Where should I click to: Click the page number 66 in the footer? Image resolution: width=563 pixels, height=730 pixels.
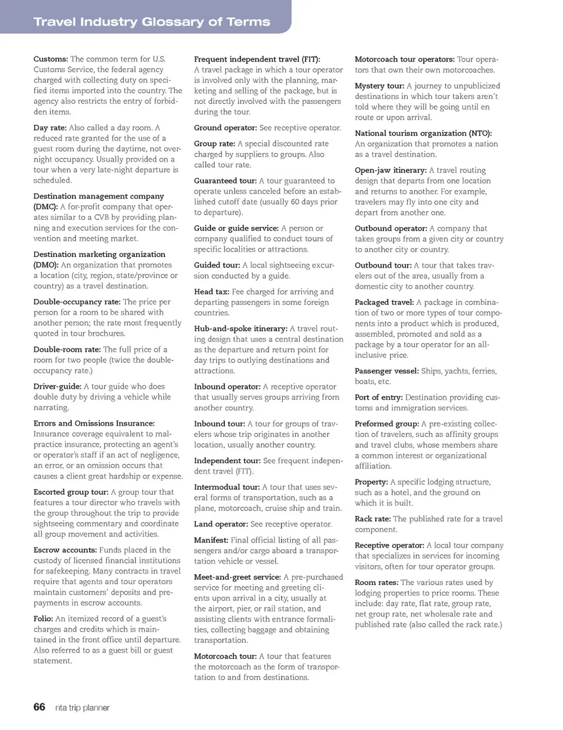pos(39,707)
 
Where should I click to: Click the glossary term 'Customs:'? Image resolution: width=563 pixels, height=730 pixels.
pos(50,59)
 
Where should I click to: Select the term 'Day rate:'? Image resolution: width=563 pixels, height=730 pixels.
pos(50,128)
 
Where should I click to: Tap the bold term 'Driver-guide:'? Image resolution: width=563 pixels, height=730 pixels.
pos(57,386)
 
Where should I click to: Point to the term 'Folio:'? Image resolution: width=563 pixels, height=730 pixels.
pos(43,619)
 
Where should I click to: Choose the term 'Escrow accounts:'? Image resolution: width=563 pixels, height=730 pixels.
pos(65,550)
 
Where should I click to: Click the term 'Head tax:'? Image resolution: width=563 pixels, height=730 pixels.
pos(212,291)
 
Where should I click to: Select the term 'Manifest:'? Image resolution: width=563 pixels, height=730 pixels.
pos(211,540)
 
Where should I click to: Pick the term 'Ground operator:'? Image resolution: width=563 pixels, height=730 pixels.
pos(225,128)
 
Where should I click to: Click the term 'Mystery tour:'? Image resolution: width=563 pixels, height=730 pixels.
pos(379,86)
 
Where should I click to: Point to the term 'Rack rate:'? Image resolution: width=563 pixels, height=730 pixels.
pos(373,519)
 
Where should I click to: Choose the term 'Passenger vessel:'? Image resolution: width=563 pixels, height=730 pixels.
pos(386,371)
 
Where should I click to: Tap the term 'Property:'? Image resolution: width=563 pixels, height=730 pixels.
pos(371,482)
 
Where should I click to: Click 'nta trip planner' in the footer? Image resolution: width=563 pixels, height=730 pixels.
pos(82,708)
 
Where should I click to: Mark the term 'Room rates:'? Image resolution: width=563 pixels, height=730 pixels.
pos(377,582)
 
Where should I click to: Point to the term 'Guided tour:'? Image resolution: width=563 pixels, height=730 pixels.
pos(217,265)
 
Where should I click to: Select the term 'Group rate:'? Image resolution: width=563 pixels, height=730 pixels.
pos(215,144)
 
